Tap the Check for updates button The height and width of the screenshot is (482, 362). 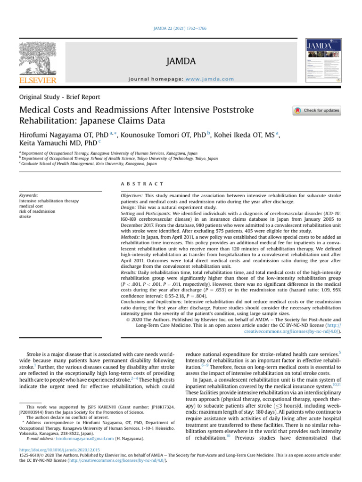(316, 111)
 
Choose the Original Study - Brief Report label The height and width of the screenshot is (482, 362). (59, 97)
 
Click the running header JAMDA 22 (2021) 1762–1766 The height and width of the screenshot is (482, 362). (181, 28)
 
